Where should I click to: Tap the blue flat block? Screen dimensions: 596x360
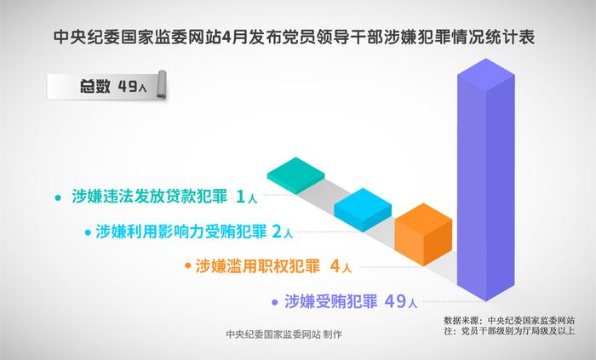[x=363, y=209]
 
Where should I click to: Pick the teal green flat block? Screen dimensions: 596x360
[x=295, y=175]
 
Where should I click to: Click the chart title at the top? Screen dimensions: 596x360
[x=295, y=37]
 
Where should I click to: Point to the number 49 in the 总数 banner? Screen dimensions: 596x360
[x=128, y=86]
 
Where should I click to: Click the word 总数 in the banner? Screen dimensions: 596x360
[x=95, y=86]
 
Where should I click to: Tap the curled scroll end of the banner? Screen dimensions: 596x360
[x=162, y=85]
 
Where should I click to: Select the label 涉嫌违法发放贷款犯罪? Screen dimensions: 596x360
[x=149, y=197]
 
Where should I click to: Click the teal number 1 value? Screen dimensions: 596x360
[x=240, y=197]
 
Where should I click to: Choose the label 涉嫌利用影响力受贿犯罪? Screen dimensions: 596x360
[x=181, y=231]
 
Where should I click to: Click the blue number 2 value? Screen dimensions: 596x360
[x=277, y=231]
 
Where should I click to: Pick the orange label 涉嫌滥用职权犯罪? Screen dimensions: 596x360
[x=258, y=266]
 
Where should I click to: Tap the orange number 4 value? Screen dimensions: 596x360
[x=335, y=266]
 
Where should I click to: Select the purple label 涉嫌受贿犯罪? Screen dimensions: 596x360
[x=330, y=301]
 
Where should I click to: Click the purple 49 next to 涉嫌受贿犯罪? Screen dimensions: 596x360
[x=395, y=301]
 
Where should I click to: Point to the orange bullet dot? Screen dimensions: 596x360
[x=187, y=266]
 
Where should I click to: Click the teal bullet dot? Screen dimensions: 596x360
[x=58, y=197]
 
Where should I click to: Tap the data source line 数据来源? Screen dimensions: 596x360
[x=509, y=320]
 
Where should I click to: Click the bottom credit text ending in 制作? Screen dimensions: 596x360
[x=284, y=334]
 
